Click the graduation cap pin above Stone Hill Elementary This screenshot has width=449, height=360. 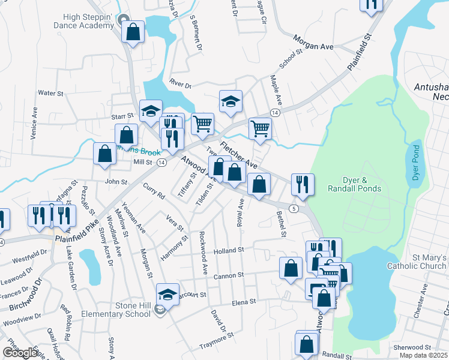[167, 294]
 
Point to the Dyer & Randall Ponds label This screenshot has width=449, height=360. [354, 184]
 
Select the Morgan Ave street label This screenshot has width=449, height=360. [313, 42]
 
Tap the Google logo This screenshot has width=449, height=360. [20, 353]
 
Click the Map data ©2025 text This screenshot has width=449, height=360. [424, 355]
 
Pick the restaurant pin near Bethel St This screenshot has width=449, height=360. [303, 185]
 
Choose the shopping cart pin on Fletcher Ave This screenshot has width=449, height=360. [260, 128]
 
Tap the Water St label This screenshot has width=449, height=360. [50, 93]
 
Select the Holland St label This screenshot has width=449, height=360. [229, 250]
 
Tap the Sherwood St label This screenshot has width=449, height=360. [412, 347]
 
